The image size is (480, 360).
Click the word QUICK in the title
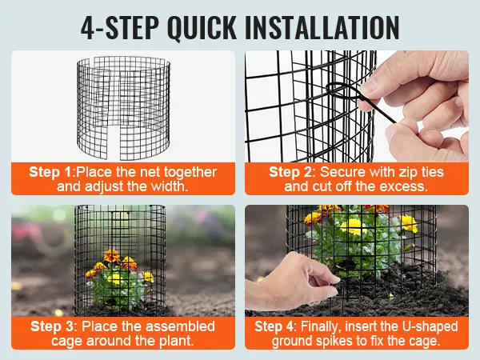tap(202, 27)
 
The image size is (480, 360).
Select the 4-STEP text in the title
tap(120, 27)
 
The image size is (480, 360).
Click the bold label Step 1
tap(50, 172)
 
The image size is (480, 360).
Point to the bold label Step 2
tap(290, 172)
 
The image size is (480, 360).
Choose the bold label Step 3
tap(52, 326)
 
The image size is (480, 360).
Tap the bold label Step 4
tap(274, 326)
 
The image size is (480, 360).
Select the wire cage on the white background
tap(123, 108)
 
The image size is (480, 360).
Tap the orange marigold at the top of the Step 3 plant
tap(111, 256)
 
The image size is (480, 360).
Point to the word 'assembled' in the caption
tap(182, 326)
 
